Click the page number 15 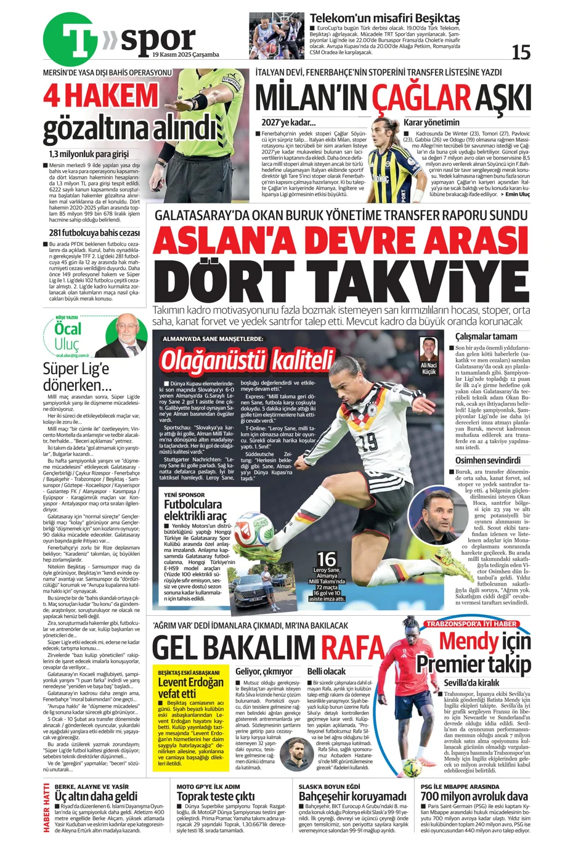521,53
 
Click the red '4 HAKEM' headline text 100,96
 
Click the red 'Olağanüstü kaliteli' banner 246,360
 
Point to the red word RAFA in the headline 353,648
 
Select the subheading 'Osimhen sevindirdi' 487,460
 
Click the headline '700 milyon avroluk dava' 474,796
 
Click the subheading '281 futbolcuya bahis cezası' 94,233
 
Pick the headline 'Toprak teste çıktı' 215,796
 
